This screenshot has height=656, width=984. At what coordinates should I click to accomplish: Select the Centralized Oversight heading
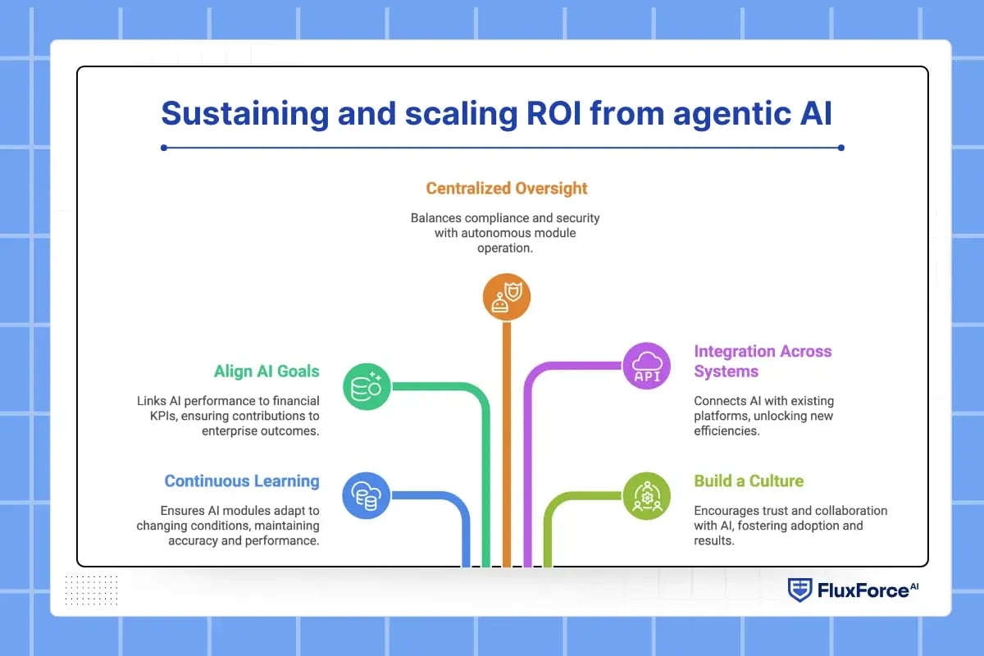coord(507,189)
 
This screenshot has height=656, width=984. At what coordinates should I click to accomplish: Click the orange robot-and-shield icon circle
coord(507,296)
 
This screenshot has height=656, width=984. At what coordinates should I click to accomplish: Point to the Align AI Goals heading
coord(266,371)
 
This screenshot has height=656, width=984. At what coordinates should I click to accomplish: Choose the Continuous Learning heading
coord(242,481)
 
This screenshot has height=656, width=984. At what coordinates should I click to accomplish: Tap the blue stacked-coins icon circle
coord(366,495)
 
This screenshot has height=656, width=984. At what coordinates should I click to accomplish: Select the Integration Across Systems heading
coord(763,361)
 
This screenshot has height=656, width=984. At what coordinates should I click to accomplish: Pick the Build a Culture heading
coord(749,481)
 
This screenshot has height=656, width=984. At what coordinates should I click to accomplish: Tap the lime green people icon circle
coord(647,495)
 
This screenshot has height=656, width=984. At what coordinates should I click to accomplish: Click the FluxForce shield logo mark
coord(799,590)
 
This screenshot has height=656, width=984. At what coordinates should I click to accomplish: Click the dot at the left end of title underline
coord(165,148)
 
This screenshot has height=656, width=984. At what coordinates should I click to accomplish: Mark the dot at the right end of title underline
coord(841,148)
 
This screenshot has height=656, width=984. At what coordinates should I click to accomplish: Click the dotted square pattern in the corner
coord(91,590)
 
